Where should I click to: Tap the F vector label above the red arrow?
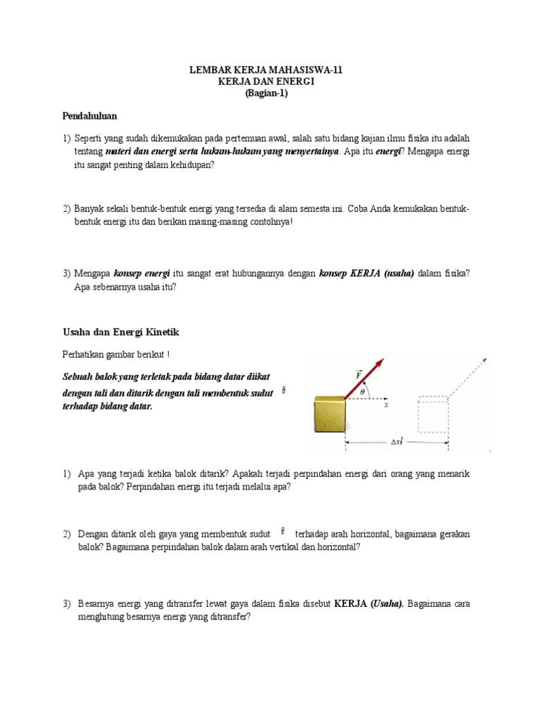358,376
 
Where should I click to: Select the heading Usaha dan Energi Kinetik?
121,332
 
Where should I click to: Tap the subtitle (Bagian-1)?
266,94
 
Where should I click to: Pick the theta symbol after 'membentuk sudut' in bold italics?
283,392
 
